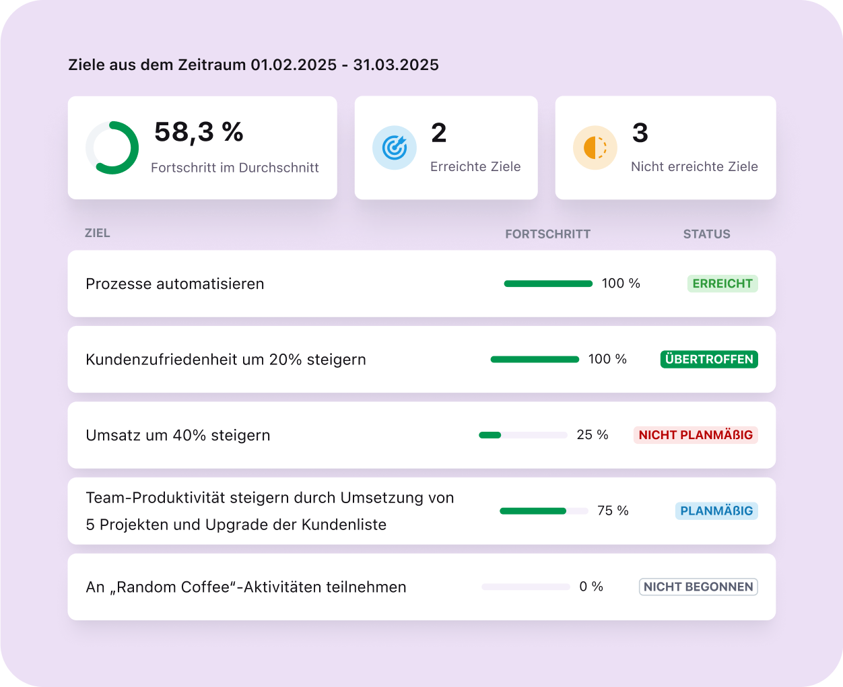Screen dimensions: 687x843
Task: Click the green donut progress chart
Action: (112, 148)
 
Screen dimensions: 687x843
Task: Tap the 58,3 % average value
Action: (199, 132)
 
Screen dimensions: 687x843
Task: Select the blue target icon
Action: (394, 148)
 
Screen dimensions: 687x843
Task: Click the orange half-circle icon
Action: (595, 148)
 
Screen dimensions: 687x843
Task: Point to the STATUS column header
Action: (706, 234)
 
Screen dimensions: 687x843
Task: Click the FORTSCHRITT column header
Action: (547, 234)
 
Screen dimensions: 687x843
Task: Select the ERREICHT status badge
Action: (722, 284)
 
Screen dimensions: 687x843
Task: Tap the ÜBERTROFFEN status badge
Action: (709, 359)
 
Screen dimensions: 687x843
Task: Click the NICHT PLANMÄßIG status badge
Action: (696, 435)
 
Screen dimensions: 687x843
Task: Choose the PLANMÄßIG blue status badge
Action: (716, 511)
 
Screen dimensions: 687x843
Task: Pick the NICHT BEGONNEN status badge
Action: (698, 587)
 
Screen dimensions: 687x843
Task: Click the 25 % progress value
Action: (593, 435)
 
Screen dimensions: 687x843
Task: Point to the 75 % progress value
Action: (613, 511)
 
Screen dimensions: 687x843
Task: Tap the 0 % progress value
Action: (591, 587)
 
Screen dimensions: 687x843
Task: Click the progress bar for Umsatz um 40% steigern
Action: (522, 435)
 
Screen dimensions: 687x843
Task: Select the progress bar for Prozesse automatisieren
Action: (548, 284)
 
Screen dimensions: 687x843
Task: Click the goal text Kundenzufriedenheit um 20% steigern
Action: (226, 360)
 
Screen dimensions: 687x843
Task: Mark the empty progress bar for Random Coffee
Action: (525, 587)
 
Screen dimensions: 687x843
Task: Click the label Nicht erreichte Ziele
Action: (694, 167)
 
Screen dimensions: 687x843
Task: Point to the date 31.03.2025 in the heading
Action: (396, 65)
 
